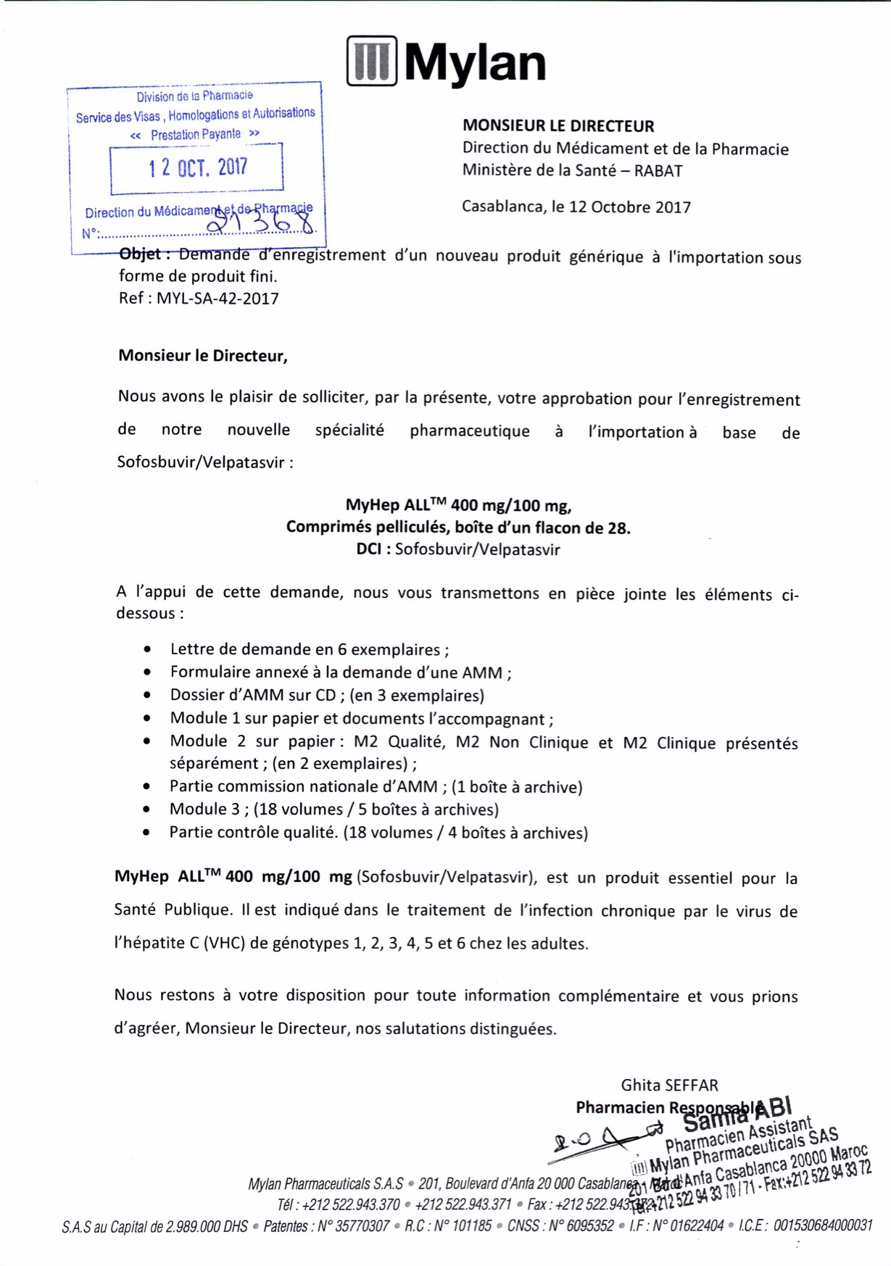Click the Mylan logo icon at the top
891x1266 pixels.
click(x=372, y=61)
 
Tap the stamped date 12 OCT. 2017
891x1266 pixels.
click(x=198, y=168)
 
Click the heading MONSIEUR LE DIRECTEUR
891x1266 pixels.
click(x=558, y=126)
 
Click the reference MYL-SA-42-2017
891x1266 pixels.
click(x=217, y=299)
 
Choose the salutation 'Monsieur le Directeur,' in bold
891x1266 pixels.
click(x=203, y=356)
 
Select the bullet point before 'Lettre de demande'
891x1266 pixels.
click(x=148, y=650)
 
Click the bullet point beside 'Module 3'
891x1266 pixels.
click(x=147, y=809)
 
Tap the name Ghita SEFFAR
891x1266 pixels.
click(x=669, y=1085)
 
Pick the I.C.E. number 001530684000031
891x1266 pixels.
click(x=822, y=1225)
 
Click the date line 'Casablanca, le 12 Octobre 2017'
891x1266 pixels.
click(x=576, y=207)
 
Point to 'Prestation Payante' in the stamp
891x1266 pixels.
click(x=195, y=135)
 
